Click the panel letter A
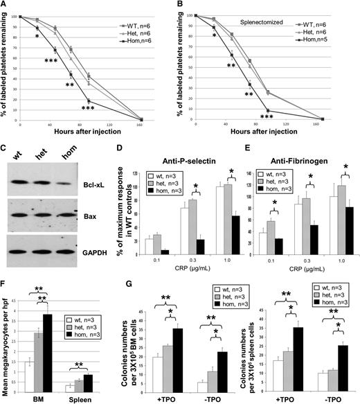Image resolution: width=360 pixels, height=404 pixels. [x=6, y=7]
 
